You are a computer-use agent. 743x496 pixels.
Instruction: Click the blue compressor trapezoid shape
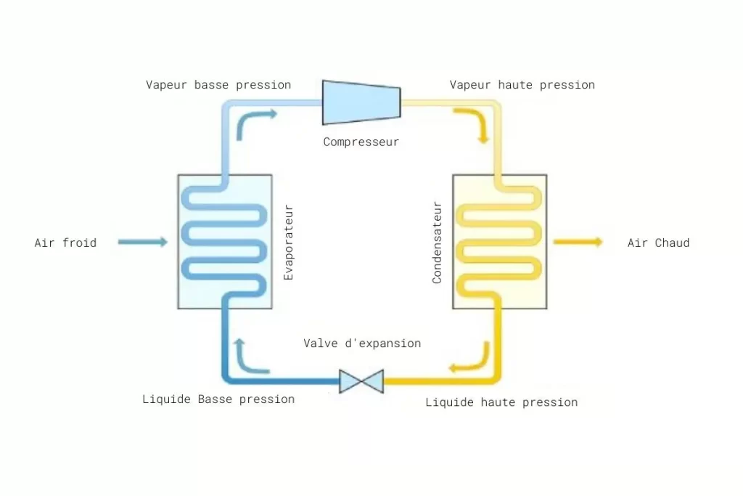click(x=361, y=102)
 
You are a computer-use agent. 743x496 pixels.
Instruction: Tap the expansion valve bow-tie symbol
click(x=361, y=381)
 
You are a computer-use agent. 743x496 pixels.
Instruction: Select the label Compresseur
click(x=361, y=142)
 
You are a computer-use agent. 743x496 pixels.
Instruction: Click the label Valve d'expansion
click(x=362, y=343)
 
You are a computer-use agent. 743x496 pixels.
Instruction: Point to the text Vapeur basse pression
click(x=218, y=85)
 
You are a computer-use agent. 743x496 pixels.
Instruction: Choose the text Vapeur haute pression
click(x=522, y=85)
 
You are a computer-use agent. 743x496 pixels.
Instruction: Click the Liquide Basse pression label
click(x=218, y=399)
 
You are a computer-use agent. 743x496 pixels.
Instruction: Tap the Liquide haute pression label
click(x=501, y=402)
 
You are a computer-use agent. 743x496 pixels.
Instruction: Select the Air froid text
click(x=65, y=243)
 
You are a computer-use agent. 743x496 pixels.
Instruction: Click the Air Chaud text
click(x=658, y=243)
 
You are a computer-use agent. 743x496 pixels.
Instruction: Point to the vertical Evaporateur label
click(x=289, y=243)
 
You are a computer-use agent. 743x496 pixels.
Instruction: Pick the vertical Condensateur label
click(x=437, y=243)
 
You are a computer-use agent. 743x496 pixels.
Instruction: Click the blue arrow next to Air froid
click(x=143, y=242)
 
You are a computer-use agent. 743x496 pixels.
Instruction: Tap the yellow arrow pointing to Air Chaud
click(x=578, y=242)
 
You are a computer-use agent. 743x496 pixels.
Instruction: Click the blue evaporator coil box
click(x=225, y=242)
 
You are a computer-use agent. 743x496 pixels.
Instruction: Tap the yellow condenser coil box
click(x=500, y=242)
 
